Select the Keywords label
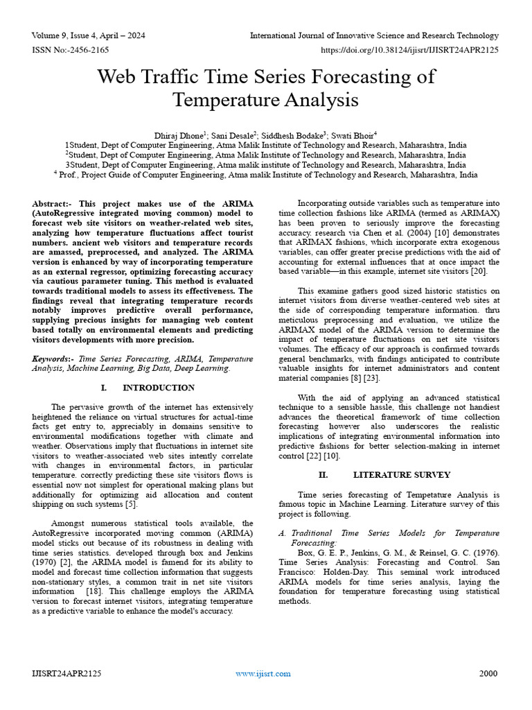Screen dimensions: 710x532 pos(54,358)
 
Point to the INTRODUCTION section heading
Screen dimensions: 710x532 pos(158,388)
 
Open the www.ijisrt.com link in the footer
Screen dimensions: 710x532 pos(263,673)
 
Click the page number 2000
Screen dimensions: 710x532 pos(488,673)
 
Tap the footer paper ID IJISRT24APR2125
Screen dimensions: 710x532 pos(66,673)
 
